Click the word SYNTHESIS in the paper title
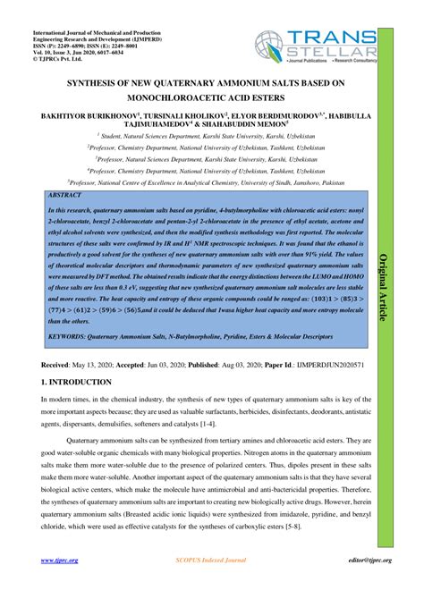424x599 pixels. point(98,83)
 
